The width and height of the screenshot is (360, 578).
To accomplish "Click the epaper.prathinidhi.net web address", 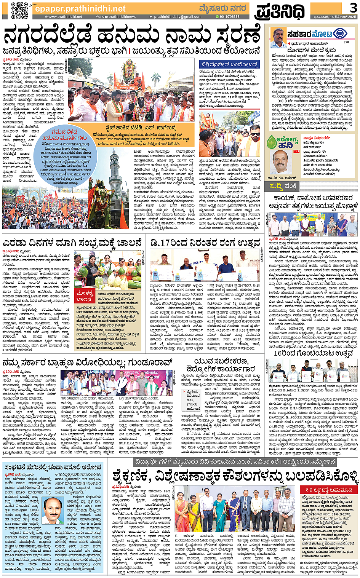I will [x=80, y=8].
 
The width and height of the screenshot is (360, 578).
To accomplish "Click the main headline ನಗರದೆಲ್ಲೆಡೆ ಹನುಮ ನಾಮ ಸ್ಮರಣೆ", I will [x=131, y=36].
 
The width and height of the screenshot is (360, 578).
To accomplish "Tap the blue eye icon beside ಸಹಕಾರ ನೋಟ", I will [x=340, y=34].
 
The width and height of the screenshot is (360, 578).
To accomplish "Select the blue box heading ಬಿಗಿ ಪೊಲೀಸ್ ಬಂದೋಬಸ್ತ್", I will [x=229, y=65].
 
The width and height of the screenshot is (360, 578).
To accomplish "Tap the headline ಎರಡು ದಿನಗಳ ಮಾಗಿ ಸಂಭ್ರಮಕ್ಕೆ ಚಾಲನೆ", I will [x=72, y=243].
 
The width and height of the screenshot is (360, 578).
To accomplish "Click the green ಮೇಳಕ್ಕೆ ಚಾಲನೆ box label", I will [x=85, y=296].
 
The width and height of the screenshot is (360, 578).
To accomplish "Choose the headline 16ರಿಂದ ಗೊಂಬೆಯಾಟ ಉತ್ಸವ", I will [x=313, y=353].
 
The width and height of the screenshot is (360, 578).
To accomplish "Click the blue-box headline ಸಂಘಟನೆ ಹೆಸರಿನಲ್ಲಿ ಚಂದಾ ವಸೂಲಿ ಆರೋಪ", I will [x=53, y=467].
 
